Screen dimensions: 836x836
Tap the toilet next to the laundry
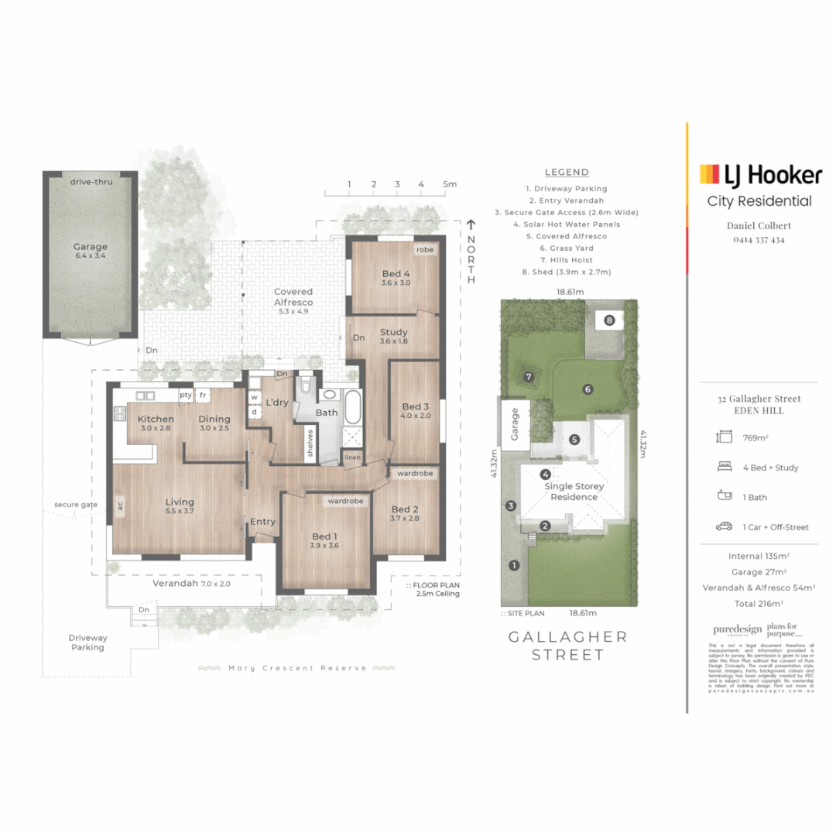[307, 385]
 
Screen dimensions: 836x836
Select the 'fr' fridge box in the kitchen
[203, 395]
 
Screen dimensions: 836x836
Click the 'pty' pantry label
[186, 395]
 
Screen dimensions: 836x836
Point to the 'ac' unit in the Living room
[120, 506]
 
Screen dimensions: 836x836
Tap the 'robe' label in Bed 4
[425, 250]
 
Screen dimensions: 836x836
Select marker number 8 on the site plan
[609, 320]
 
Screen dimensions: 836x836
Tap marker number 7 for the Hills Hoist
[529, 377]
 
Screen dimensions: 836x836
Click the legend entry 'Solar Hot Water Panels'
[567, 224]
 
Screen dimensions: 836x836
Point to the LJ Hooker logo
[760, 175]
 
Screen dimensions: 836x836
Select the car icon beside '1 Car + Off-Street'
[724, 526]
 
